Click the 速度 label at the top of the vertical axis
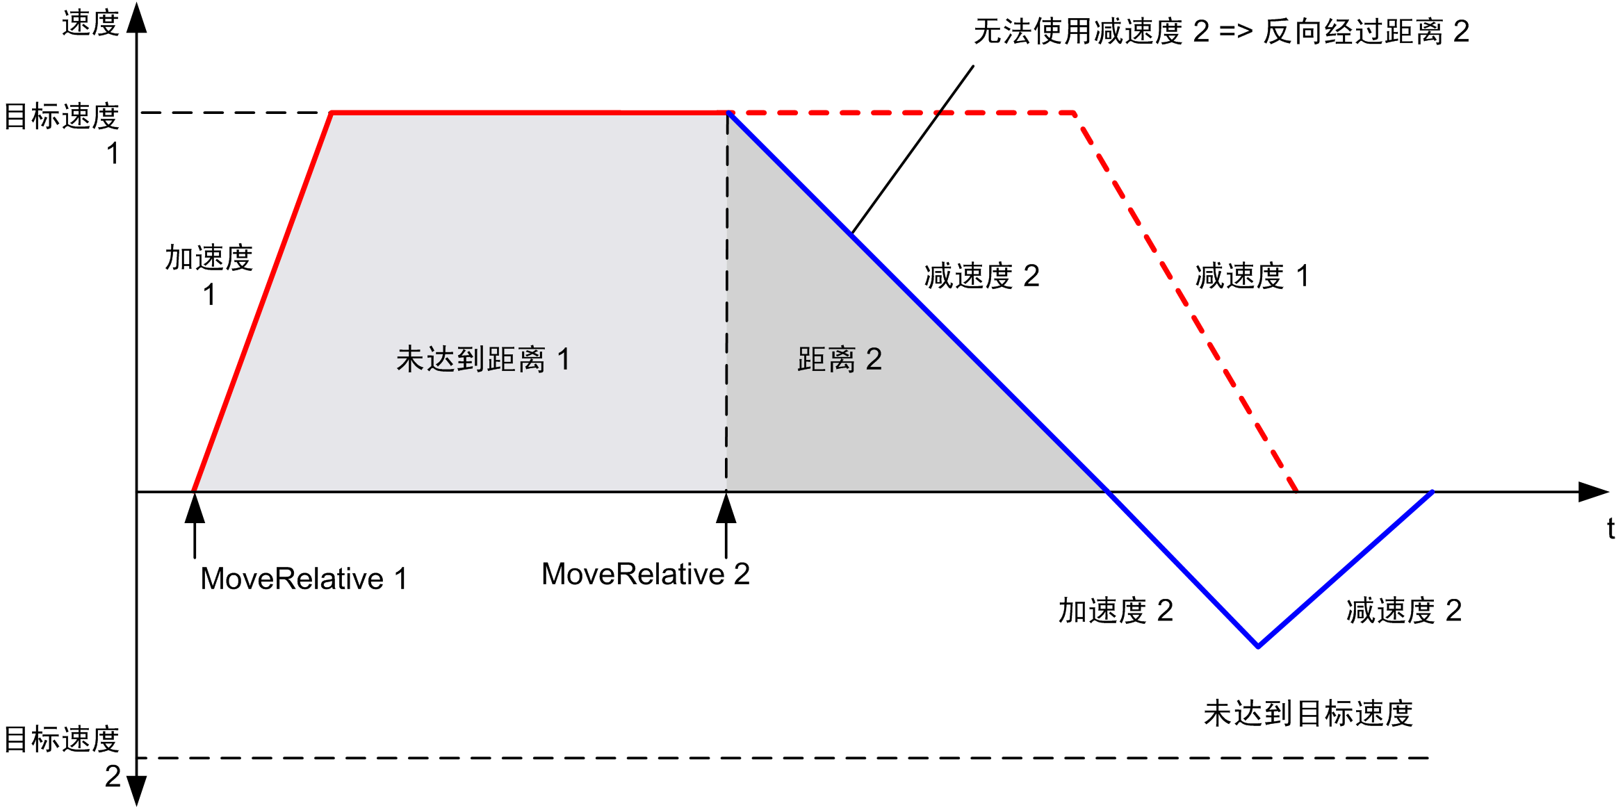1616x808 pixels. click(90, 24)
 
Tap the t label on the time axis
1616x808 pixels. click(1610, 529)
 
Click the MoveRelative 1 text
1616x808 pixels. click(304, 579)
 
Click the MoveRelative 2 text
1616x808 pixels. click(645, 575)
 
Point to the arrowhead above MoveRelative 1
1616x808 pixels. click(195, 509)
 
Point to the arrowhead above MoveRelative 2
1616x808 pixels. click(726, 509)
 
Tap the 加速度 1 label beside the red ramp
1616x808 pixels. click(209, 275)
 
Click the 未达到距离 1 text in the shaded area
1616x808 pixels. click(483, 360)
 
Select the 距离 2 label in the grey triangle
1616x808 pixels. click(839, 360)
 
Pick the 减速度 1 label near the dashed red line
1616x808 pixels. click(1252, 276)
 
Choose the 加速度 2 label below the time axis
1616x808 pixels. click(1116, 611)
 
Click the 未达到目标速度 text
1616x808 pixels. click(1308, 714)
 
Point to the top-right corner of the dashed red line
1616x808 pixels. click(1075, 113)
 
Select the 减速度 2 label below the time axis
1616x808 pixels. click(1404, 611)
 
